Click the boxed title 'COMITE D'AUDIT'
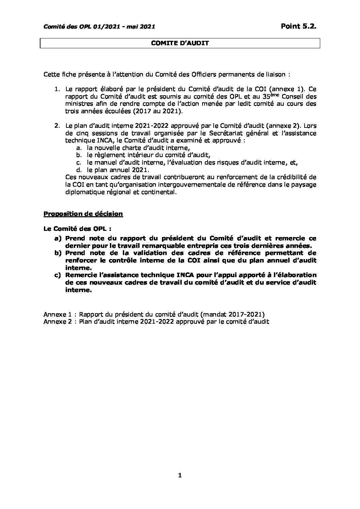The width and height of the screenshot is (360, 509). coord(180,43)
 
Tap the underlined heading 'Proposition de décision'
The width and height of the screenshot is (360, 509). coord(83,214)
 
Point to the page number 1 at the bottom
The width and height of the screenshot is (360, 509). coord(180,475)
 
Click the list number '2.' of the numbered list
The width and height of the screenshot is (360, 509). coord(57,126)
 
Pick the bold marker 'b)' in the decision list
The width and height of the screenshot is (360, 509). coord(58,253)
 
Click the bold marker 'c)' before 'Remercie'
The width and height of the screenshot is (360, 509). coord(58,275)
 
